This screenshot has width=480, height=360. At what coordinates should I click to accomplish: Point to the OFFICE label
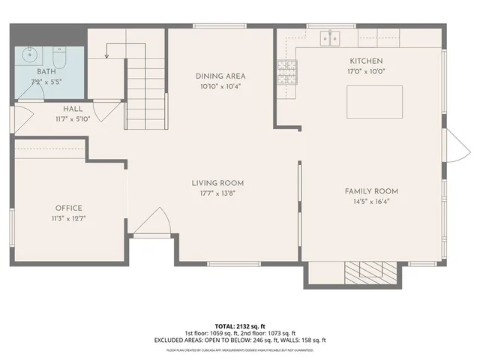(68, 208)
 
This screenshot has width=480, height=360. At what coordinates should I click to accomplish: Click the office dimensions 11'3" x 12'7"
(68, 218)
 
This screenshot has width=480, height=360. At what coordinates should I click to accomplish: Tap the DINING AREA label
(220, 76)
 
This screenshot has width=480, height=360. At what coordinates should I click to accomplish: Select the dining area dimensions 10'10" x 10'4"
(220, 85)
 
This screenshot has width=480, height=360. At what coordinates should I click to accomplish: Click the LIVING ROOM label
(217, 183)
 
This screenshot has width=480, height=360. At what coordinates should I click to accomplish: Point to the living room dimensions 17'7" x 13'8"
(217, 193)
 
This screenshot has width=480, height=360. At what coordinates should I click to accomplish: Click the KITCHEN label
(366, 61)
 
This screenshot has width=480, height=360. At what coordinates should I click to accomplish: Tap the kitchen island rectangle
(374, 100)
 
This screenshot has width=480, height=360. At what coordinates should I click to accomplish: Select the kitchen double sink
(330, 37)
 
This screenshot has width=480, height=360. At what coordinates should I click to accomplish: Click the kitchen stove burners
(286, 72)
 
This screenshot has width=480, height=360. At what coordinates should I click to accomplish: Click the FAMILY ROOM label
(371, 191)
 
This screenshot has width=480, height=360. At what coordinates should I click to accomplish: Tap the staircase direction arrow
(108, 51)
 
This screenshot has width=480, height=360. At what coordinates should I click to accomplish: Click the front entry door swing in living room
(157, 223)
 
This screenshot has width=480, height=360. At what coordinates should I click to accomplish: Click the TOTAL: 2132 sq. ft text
(240, 325)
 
